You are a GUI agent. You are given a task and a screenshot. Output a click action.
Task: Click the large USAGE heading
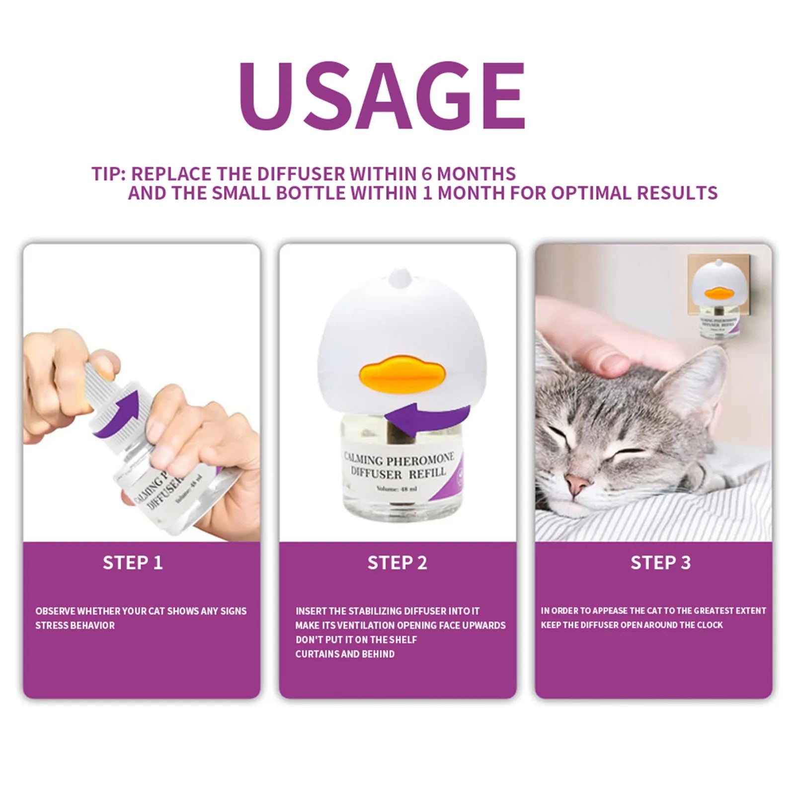pos(382,95)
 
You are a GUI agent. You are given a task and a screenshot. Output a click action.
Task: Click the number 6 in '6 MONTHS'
pos(427,174)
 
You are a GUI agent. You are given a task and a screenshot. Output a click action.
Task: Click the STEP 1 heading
pos(133,562)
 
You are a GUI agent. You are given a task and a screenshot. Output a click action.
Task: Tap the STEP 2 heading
pos(397,562)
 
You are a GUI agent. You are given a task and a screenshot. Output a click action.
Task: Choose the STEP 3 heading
pos(660,562)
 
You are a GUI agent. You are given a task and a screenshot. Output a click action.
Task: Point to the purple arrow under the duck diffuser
pos(427,417)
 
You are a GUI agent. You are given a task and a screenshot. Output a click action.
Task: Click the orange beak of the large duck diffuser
pos(401,377)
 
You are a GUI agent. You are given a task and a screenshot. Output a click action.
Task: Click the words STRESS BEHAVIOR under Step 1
pos(75,626)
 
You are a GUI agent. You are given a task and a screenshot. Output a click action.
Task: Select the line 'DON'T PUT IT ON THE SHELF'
pos(356,640)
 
